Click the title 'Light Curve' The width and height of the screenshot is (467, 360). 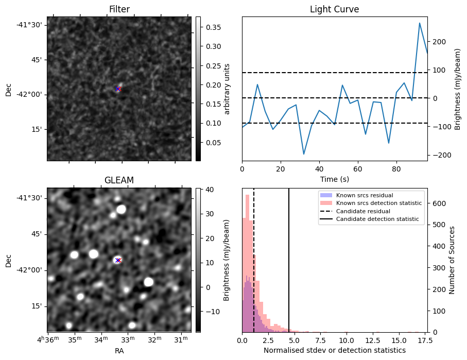[334, 9]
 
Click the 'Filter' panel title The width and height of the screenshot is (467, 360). [119, 9]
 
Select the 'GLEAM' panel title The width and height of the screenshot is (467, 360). [119, 180]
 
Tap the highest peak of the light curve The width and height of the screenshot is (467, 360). [419, 23]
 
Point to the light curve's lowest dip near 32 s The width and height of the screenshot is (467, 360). [304, 154]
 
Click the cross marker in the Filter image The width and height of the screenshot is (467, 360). [118, 89]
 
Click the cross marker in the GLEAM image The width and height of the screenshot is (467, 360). [118, 260]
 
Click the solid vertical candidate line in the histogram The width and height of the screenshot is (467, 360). [289, 260]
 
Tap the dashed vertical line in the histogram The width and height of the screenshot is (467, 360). [254, 260]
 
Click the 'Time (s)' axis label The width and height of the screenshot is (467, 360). [335, 179]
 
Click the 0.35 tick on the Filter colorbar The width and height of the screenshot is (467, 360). [213, 27]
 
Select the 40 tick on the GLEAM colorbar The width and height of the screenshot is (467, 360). [210, 190]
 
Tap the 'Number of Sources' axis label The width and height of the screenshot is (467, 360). [452, 260]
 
